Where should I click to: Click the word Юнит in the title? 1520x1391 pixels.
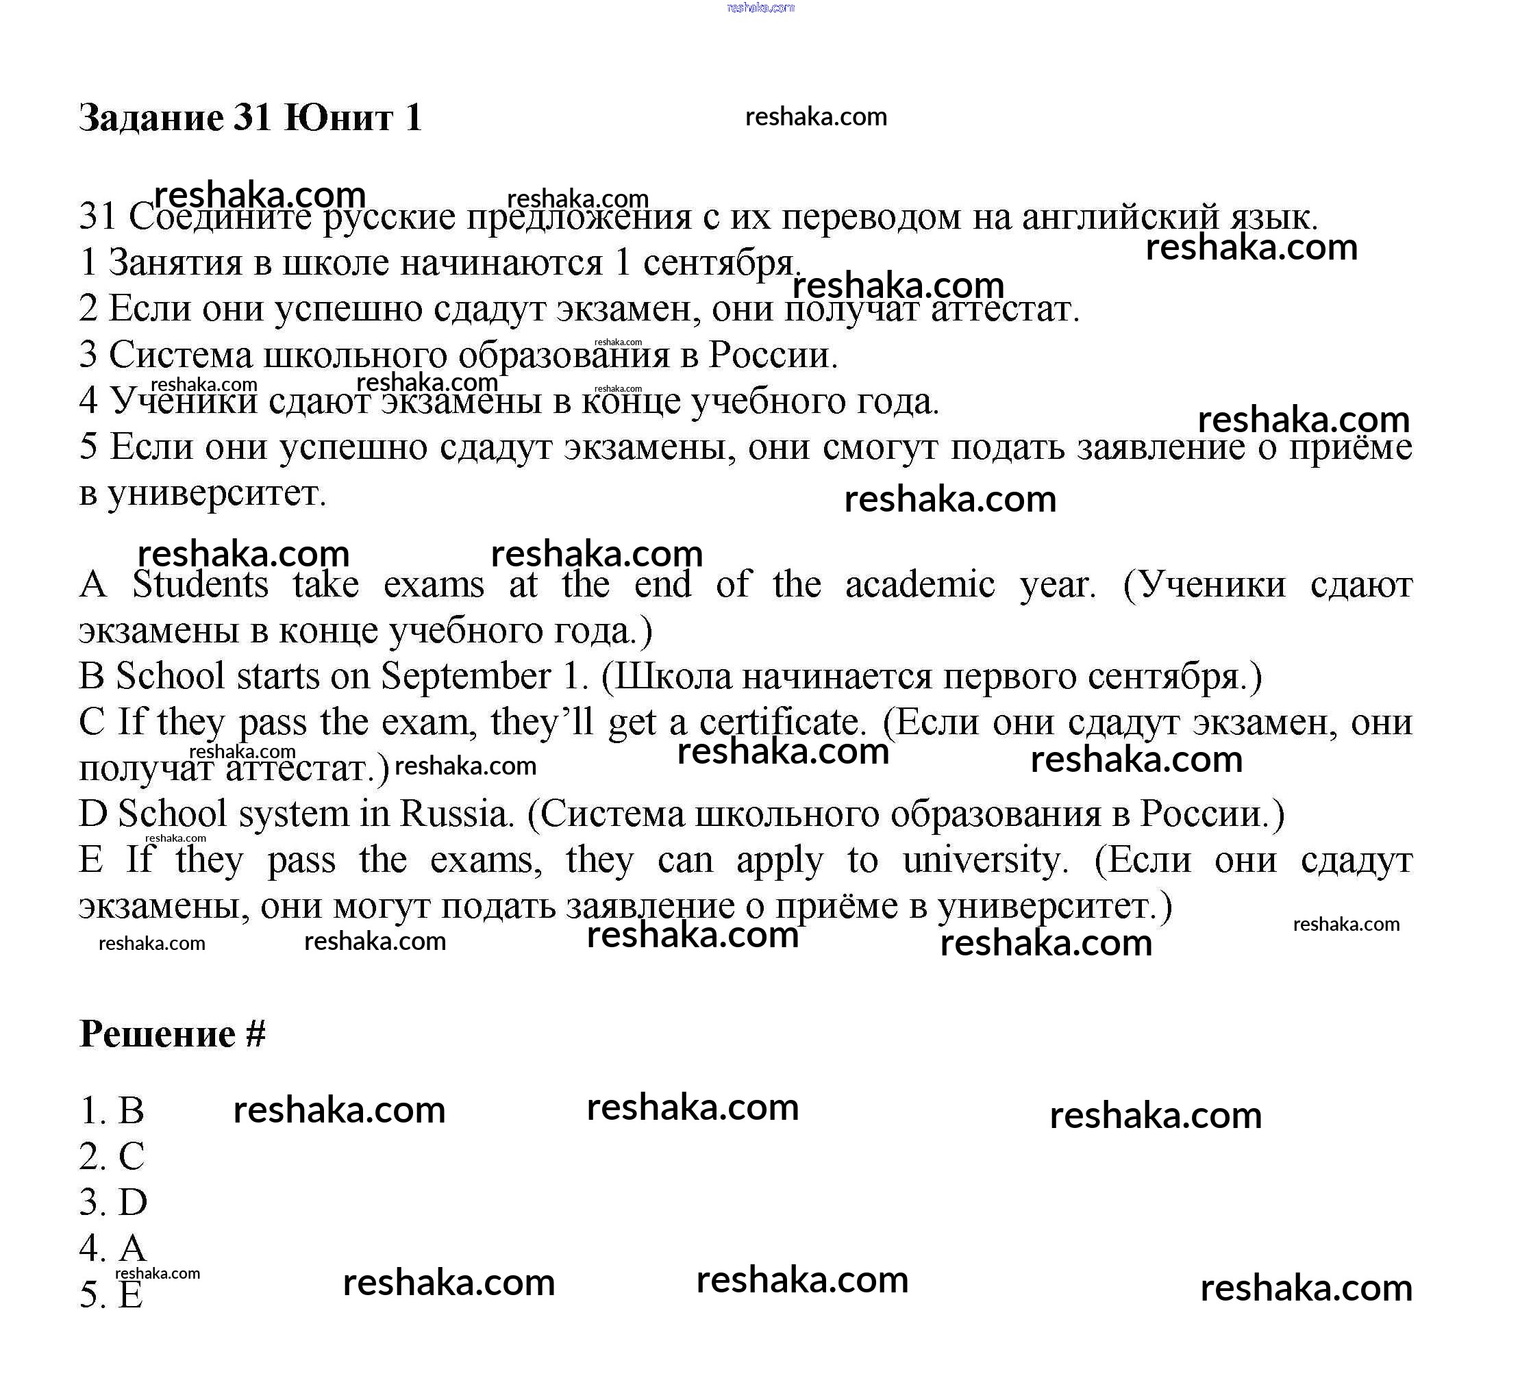pyautogui.click(x=338, y=118)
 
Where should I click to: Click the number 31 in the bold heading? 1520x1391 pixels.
pyautogui.click(x=252, y=118)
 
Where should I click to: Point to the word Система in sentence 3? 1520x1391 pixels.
pyautogui.click(x=180, y=355)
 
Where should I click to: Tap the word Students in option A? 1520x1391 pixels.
pyautogui.click(x=200, y=585)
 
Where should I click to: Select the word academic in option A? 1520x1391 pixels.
pyautogui.click(x=919, y=585)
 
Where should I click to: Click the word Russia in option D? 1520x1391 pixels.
pyautogui.click(x=456, y=814)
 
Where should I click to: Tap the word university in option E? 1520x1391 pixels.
pyautogui.click(x=986, y=860)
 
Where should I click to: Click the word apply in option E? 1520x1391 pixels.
pyautogui.click(x=779, y=862)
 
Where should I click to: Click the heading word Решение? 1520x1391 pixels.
pyautogui.click(x=157, y=1033)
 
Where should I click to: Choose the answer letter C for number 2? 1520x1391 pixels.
pyautogui.click(x=132, y=1157)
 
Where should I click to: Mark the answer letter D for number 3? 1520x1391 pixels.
pyautogui.click(x=133, y=1203)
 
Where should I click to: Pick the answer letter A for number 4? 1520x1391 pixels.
pyautogui.click(x=132, y=1249)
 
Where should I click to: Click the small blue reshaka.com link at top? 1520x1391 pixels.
pyautogui.click(x=760, y=8)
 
